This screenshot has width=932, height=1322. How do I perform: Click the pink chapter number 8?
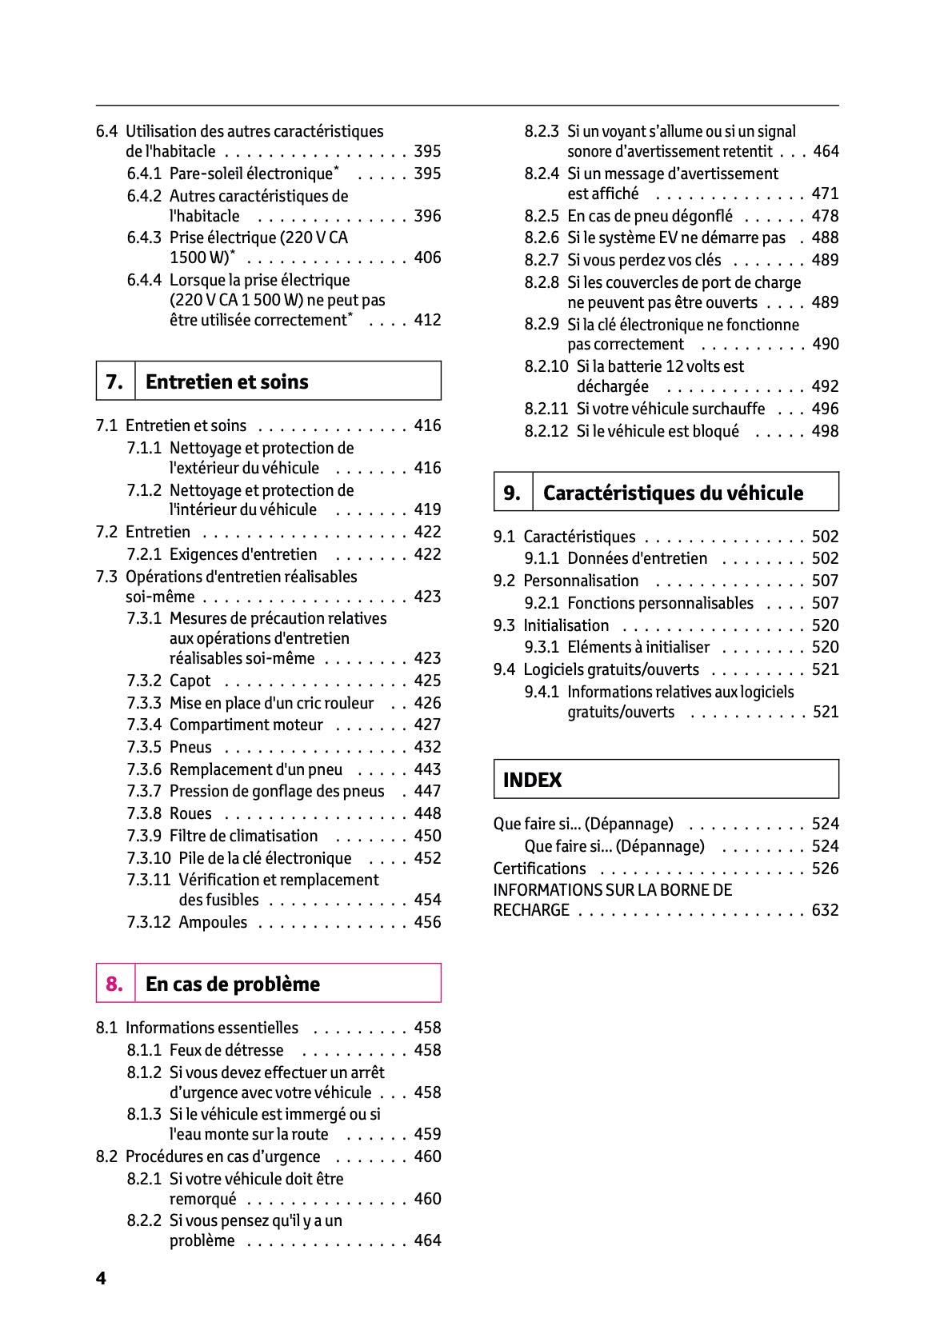tap(114, 984)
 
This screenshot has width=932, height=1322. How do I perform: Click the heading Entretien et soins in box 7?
tap(226, 381)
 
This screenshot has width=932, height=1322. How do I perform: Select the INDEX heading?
tap(532, 780)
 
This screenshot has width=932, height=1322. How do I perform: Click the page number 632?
tap(825, 910)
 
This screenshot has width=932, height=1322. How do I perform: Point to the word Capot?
tap(190, 681)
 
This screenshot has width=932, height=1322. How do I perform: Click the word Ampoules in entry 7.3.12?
tap(213, 922)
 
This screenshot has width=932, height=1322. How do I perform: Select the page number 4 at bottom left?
tap(101, 1278)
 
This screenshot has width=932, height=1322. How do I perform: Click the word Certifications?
tap(539, 869)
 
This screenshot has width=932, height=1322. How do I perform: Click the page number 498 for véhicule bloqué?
tap(825, 431)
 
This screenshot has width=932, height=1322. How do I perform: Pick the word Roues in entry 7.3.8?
tap(190, 813)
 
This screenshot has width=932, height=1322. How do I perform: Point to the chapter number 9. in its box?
tap(512, 493)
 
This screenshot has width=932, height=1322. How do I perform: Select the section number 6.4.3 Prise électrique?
tap(144, 238)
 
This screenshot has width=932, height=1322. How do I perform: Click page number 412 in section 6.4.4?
tap(427, 320)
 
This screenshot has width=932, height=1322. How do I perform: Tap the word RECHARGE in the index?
tap(531, 910)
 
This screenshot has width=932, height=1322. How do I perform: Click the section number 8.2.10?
tap(546, 366)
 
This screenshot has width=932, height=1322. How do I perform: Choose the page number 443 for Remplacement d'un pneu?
tap(427, 769)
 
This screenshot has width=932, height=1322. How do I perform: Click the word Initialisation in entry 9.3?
tap(566, 625)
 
